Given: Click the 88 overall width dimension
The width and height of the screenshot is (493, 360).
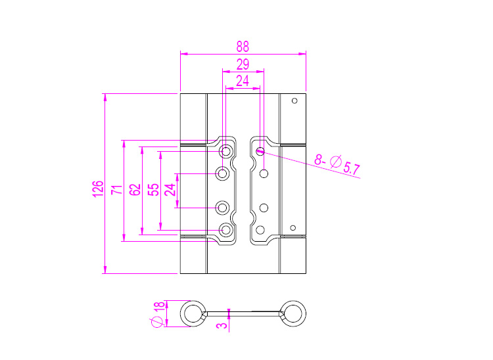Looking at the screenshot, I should point(243,47).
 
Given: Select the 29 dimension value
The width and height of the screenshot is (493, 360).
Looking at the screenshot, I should point(243,64).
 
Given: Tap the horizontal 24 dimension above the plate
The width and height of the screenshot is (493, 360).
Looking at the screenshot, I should point(243,81).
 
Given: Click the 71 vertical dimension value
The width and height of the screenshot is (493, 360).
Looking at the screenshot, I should point(116,190).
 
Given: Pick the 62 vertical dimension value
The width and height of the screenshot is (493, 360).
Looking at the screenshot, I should point(135,190).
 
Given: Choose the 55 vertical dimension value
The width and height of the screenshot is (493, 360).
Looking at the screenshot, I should point(153,190).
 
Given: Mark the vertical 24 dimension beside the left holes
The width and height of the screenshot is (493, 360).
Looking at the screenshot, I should point(170,190).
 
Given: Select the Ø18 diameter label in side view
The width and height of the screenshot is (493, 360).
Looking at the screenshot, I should point(158,314).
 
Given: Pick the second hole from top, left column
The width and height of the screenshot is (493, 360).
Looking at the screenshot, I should point(223,174).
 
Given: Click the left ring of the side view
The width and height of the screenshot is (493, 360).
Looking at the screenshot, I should point(193,313).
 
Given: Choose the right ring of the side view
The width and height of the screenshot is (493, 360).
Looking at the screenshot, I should point(293,313).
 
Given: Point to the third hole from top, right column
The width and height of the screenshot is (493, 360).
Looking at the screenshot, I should point(264,208).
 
